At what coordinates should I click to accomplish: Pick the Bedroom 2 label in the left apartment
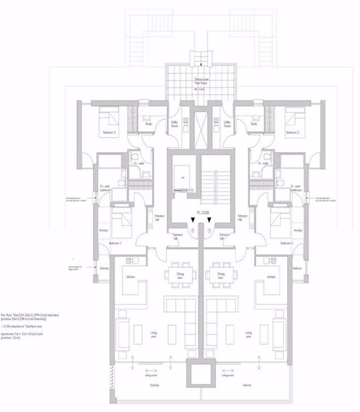click(x=108, y=133)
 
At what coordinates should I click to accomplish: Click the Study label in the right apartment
click(x=254, y=124)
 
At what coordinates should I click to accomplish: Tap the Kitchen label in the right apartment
click(x=271, y=277)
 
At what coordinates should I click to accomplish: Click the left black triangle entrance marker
click(x=192, y=221)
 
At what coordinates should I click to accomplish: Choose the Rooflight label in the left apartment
click(x=102, y=231)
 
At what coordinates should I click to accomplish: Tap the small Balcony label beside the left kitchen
click(x=104, y=268)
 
